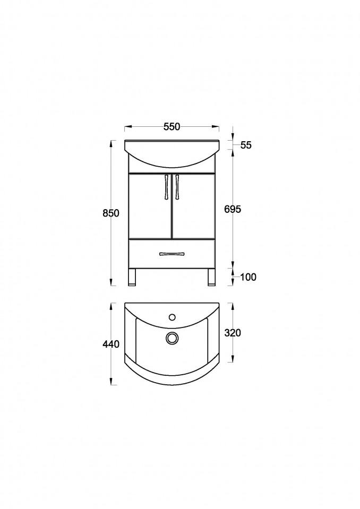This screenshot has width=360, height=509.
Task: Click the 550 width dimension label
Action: (x=172, y=126)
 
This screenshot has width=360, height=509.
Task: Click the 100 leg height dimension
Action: (x=248, y=277)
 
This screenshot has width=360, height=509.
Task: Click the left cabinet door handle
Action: (x=167, y=187)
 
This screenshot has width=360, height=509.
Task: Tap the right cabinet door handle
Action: (x=177, y=187)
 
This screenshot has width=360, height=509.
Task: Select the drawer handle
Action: (x=172, y=254)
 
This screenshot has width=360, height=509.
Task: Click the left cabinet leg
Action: (x=132, y=277)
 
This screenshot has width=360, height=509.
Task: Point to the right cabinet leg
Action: (x=211, y=277)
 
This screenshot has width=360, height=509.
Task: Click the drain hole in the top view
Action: (x=172, y=337)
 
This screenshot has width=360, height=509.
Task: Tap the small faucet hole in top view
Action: (x=172, y=317)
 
